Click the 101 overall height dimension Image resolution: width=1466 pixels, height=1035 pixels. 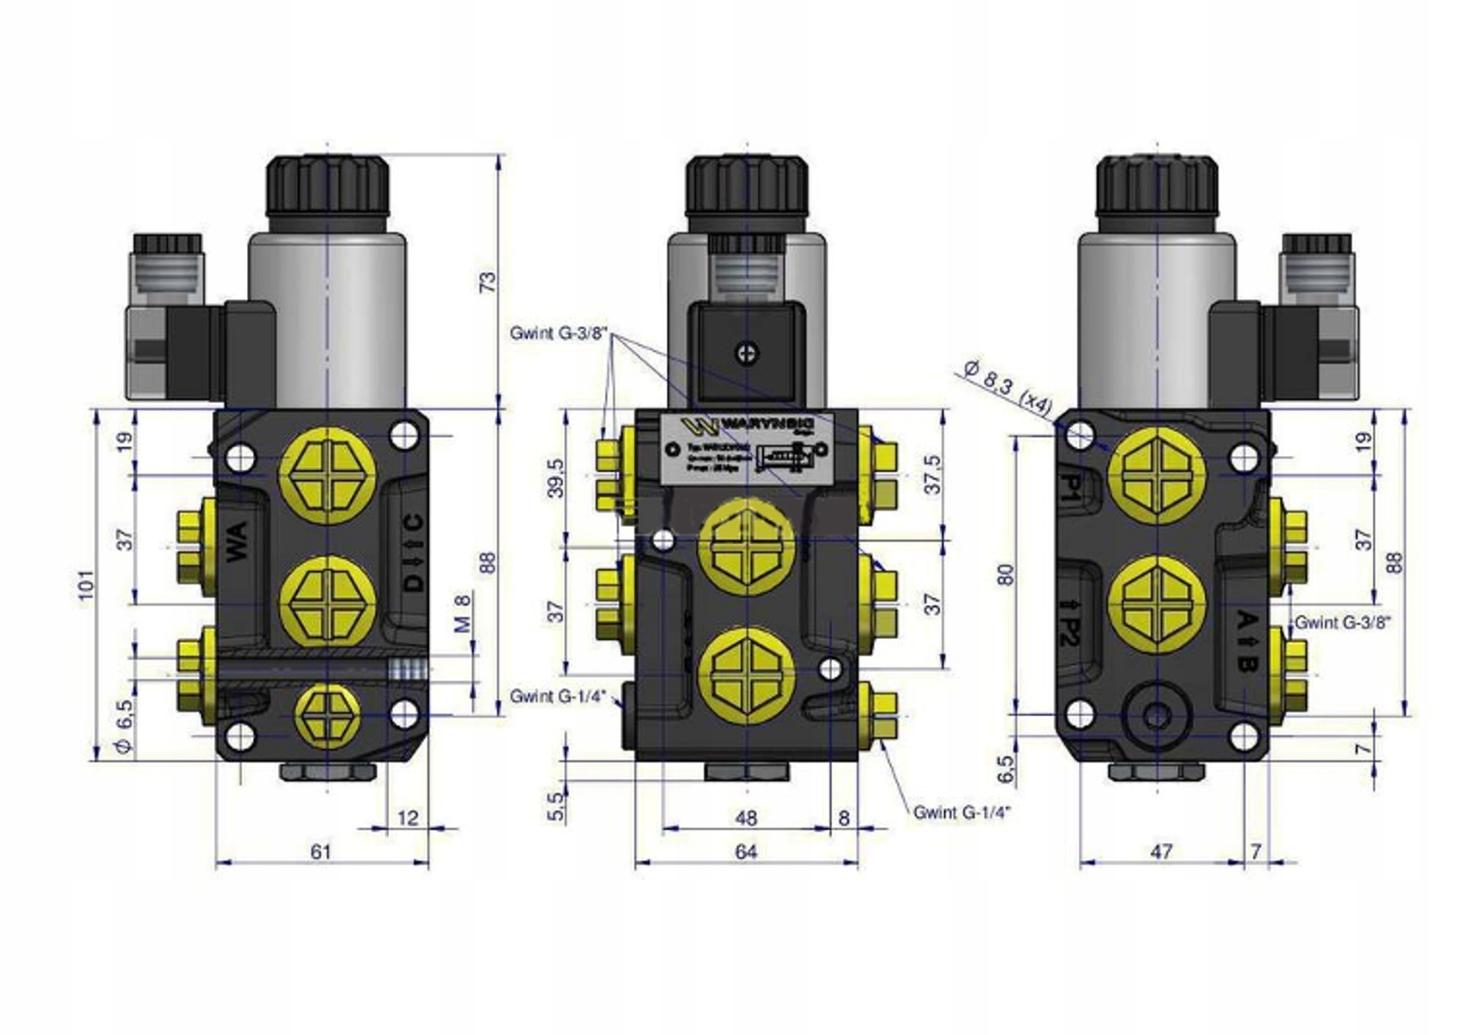click(87, 584)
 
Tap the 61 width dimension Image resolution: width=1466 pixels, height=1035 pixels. click(321, 852)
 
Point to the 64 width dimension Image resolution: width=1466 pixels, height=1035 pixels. click(745, 852)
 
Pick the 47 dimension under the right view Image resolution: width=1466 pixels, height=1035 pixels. click(1161, 852)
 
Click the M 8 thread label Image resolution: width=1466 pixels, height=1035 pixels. click(462, 614)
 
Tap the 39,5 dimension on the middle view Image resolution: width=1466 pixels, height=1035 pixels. click(557, 478)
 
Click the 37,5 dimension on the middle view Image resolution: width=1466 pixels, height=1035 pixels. click(932, 474)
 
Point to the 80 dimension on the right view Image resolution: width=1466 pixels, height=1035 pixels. click(1006, 575)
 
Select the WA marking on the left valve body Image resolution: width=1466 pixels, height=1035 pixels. click(237, 542)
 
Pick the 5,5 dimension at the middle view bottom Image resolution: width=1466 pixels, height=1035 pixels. click(557, 806)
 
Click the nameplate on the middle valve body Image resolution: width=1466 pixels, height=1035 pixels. click(746, 449)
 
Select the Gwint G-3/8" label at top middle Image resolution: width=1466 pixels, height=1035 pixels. click(559, 334)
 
